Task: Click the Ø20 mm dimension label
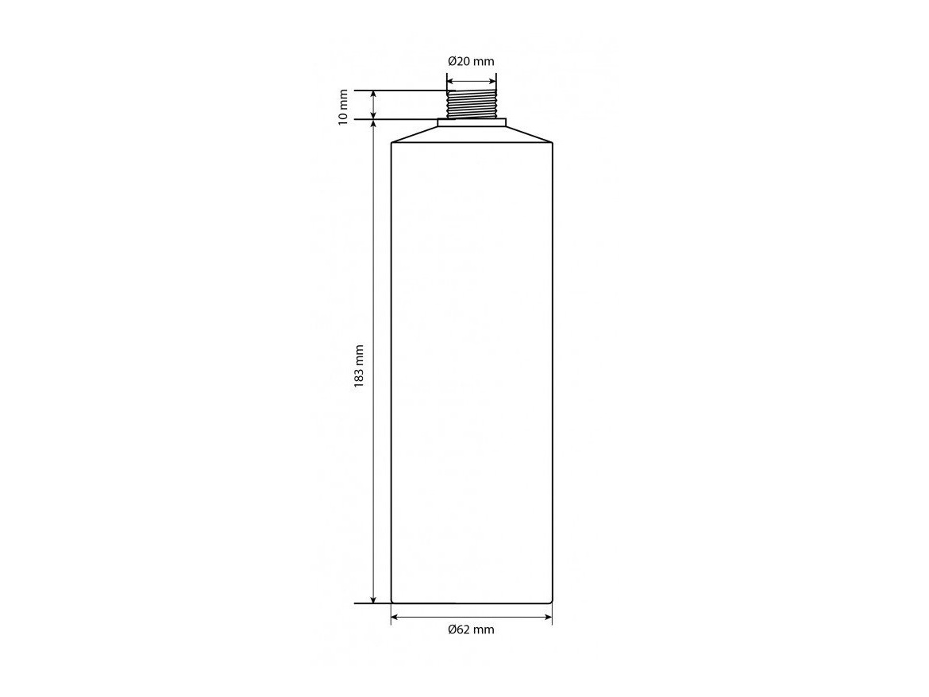click(471, 61)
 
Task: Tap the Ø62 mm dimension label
click(471, 630)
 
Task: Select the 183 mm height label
click(359, 366)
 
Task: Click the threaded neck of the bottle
click(472, 104)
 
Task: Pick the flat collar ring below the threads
click(472, 122)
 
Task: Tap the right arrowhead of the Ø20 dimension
click(493, 81)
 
